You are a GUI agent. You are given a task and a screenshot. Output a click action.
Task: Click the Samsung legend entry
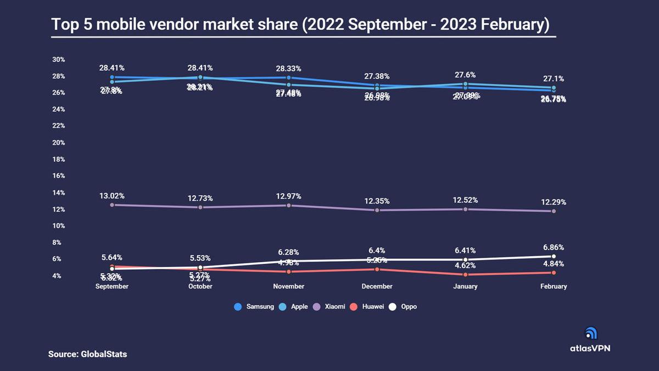tap(254, 307)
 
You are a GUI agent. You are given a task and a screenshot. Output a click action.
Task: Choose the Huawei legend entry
tap(369, 307)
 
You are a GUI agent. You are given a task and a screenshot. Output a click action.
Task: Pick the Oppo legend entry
tap(404, 307)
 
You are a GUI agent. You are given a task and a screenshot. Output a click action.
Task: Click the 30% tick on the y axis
tap(58, 59)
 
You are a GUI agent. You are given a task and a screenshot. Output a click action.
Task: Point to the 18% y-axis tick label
tap(58, 159)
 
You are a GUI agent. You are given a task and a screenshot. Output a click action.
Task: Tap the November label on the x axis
tap(289, 286)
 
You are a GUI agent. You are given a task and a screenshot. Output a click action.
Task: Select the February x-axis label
tap(553, 286)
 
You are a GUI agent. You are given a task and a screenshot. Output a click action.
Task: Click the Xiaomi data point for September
tap(112, 205)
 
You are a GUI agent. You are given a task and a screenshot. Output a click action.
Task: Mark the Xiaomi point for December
tap(377, 210)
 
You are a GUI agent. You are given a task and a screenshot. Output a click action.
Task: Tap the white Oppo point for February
tap(554, 256)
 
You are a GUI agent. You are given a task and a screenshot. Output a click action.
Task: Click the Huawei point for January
tap(465, 274)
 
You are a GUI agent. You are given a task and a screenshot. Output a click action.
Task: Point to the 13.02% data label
tap(112, 196)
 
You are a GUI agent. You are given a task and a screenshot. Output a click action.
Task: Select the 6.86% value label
tap(553, 247)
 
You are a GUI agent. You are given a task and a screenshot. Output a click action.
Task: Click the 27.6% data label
tap(465, 75)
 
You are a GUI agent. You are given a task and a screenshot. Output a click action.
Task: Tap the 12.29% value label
tap(553, 202)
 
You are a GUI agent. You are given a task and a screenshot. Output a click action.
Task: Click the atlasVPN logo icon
tap(591, 333)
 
